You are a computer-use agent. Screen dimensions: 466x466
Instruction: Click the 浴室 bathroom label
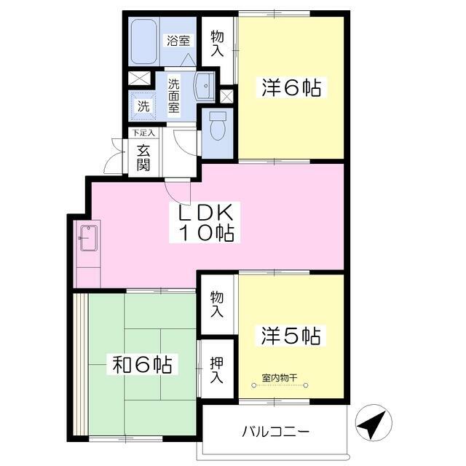pos(178,40)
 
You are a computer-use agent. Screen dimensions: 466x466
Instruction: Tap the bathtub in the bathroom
pos(144,42)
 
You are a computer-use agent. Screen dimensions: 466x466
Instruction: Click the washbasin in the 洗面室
pos(205,86)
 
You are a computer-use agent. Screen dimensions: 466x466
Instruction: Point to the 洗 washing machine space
pos(143,106)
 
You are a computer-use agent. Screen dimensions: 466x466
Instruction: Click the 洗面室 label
pos(174,95)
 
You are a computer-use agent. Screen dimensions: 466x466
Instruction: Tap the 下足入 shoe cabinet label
pos(143,133)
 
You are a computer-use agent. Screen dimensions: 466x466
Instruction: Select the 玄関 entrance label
pos(143,159)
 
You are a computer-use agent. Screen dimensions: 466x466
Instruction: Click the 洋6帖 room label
pos(291,87)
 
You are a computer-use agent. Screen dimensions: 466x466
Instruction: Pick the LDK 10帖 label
pos(205,222)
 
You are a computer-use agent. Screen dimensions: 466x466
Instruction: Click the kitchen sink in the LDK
pos(89,238)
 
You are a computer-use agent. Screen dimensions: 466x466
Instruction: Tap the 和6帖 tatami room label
pos(143,364)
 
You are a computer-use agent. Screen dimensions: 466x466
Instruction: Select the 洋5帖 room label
pos(291,336)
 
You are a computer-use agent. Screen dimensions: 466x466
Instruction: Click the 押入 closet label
pos(217,370)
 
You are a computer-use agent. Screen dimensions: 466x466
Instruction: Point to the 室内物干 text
pos(280,378)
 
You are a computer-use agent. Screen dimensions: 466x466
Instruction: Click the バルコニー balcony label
pos(276,431)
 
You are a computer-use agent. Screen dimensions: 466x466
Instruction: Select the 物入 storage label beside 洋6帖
pos(217,44)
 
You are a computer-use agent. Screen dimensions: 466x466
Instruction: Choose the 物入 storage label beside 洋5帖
pos(217,304)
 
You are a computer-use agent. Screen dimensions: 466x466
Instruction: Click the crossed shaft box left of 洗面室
pos(139,78)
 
